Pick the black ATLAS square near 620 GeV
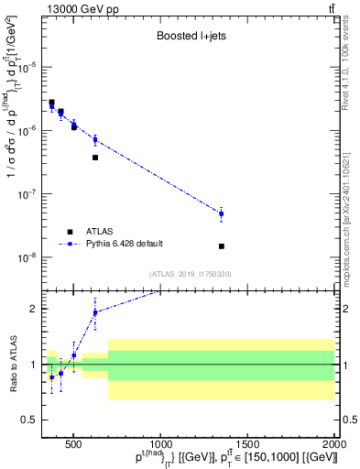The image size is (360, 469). pos(95,158)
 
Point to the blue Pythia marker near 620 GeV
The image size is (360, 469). pos(95,140)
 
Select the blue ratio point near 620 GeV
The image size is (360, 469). pos(95,312)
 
